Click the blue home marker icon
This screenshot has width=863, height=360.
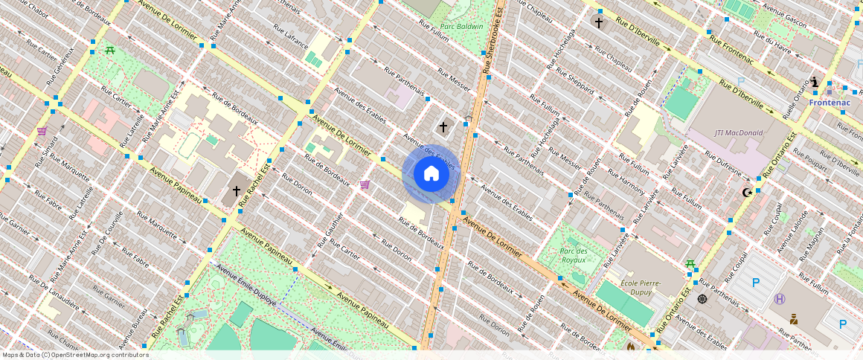[x=431, y=174]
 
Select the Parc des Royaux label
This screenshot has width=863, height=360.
[x=574, y=256]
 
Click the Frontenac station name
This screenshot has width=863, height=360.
[x=830, y=103]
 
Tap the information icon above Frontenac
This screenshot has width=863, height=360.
[x=815, y=83]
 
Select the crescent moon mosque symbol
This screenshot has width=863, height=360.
[x=747, y=193]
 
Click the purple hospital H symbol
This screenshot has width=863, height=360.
[x=780, y=299]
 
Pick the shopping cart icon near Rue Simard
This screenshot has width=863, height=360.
[x=42, y=131]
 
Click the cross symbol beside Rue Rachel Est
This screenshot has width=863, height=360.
[x=237, y=191]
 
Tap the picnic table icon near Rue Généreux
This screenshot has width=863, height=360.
[x=110, y=50]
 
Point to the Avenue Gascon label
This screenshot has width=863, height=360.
[x=784, y=17]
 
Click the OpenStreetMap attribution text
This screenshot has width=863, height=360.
[x=75, y=355]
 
